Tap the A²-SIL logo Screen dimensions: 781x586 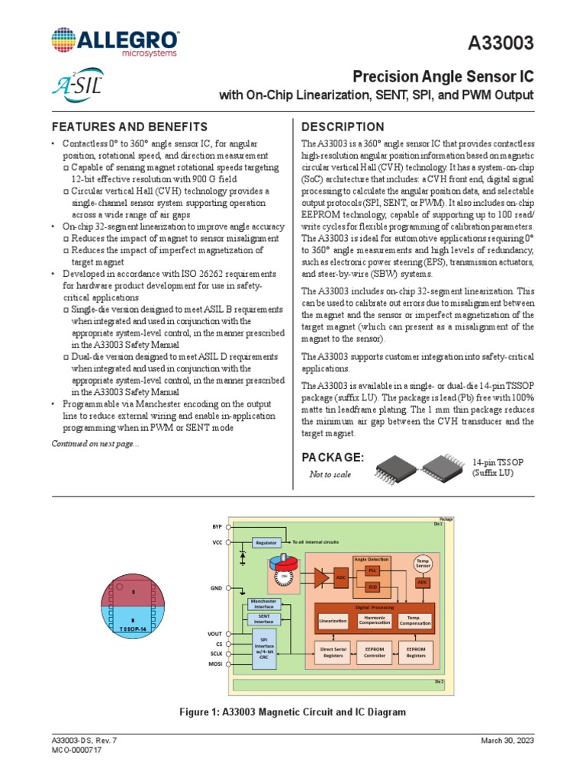(x=78, y=81)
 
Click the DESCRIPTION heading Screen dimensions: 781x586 (x=343, y=127)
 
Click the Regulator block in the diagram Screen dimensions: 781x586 (x=266, y=542)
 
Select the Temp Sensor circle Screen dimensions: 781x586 (x=423, y=564)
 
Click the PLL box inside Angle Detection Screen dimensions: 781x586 (x=372, y=570)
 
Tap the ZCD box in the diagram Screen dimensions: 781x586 (x=372, y=587)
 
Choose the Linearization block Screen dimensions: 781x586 (x=333, y=622)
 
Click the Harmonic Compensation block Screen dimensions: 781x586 (x=375, y=622)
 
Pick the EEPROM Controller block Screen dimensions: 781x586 (x=375, y=652)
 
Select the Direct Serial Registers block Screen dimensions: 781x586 (x=333, y=652)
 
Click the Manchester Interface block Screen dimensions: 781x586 (x=265, y=603)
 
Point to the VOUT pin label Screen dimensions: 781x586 (x=214, y=634)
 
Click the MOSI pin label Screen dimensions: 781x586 (x=214, y=665)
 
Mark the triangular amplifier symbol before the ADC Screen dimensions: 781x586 (x=315, y=577)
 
